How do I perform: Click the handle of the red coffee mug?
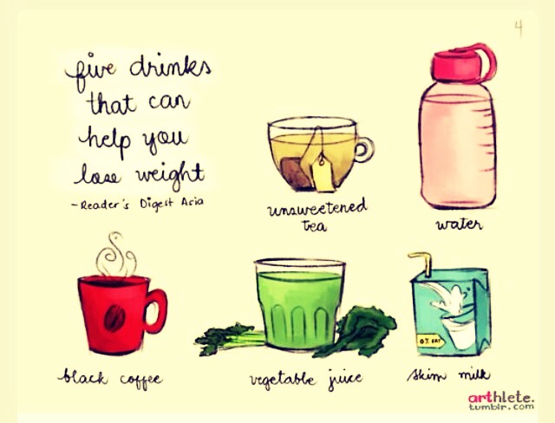(x=154, y=309)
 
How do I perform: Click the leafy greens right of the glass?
(x=359, y=329)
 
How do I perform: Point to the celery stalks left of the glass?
(x=225, y=336)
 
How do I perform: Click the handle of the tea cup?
(x=364, y=148)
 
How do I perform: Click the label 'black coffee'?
(x=110, y=379)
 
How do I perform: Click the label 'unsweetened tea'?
(x=317, y=214)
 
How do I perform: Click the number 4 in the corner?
(x=519, y=29)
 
